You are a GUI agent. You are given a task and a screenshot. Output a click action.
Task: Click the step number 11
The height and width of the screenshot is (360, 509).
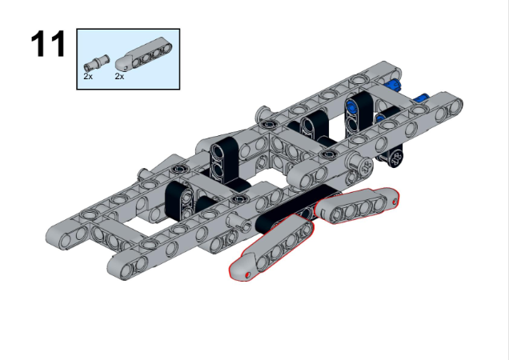(x=47, y=45)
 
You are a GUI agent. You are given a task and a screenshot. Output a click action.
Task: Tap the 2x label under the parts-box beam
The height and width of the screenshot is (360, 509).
(x=119, y=77)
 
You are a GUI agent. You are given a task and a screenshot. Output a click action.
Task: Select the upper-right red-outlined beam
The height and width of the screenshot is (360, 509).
(x=357, y=205)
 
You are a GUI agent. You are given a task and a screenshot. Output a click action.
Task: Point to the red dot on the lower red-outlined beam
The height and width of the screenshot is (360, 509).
(x=249, y=274)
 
